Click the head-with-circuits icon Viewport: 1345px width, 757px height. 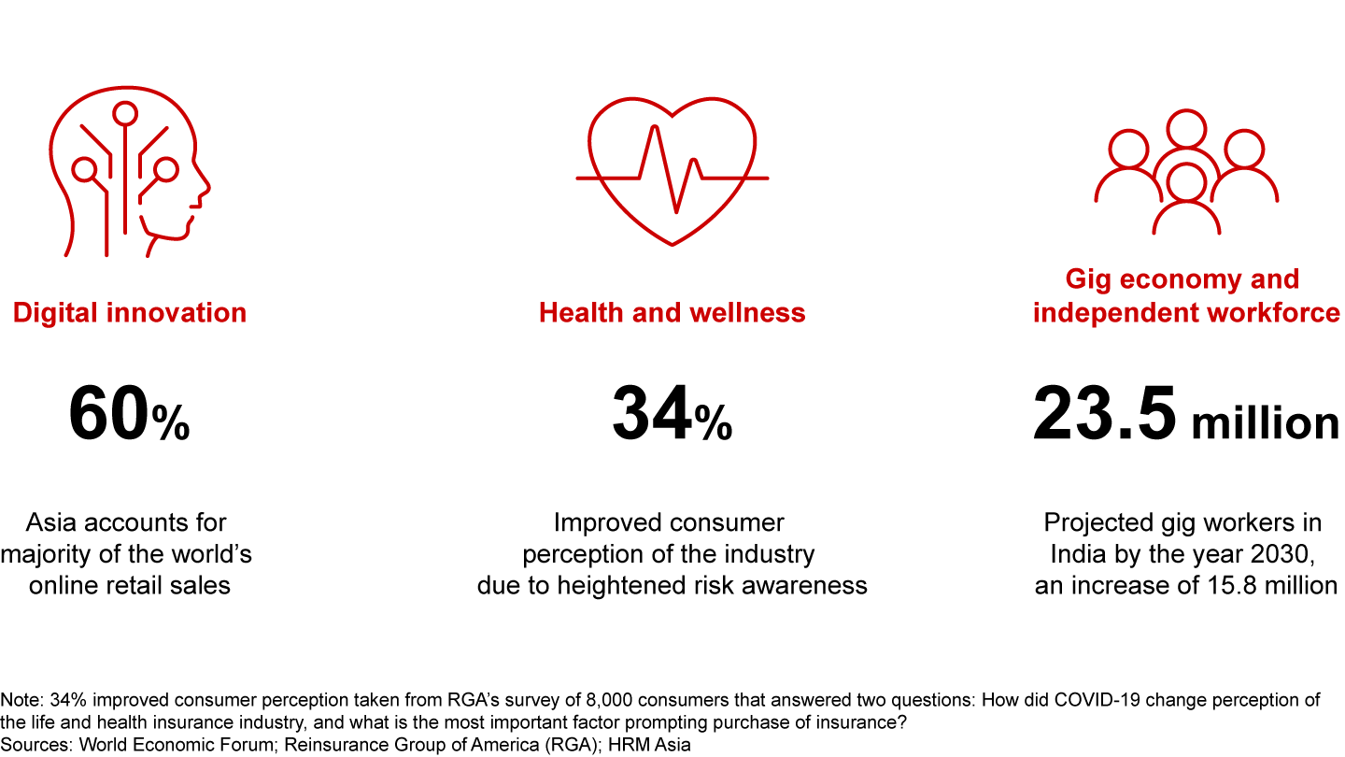pyautogui.click(x=129, y=178)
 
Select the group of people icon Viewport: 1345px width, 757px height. pyautogui.click(x=1186, y=173)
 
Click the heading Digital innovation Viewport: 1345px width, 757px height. pyautogui.click(x=130, y=312)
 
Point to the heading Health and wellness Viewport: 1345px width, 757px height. pyautogui.click(x=672, y=312)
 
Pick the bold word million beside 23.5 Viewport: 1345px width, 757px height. pyautogui.click(x=1265, y=423)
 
